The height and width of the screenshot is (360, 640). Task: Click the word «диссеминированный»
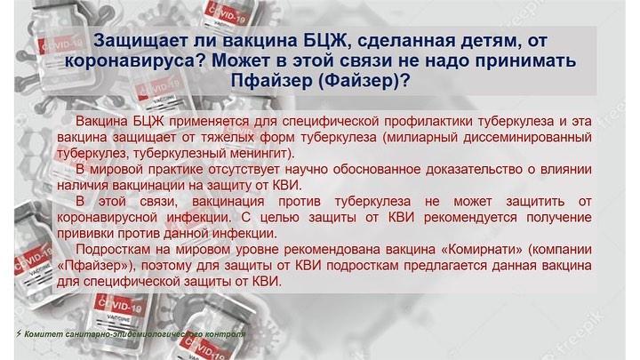tap(527, 138)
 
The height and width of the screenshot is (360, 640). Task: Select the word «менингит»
tap(252, 154)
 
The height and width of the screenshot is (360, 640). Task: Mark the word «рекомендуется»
tap(470, 218)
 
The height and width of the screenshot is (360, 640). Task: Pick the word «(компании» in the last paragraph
tap(560, 250)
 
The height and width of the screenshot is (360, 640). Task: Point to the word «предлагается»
tap(445, 266)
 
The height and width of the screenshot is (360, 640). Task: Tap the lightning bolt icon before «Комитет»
tap(19, 333)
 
